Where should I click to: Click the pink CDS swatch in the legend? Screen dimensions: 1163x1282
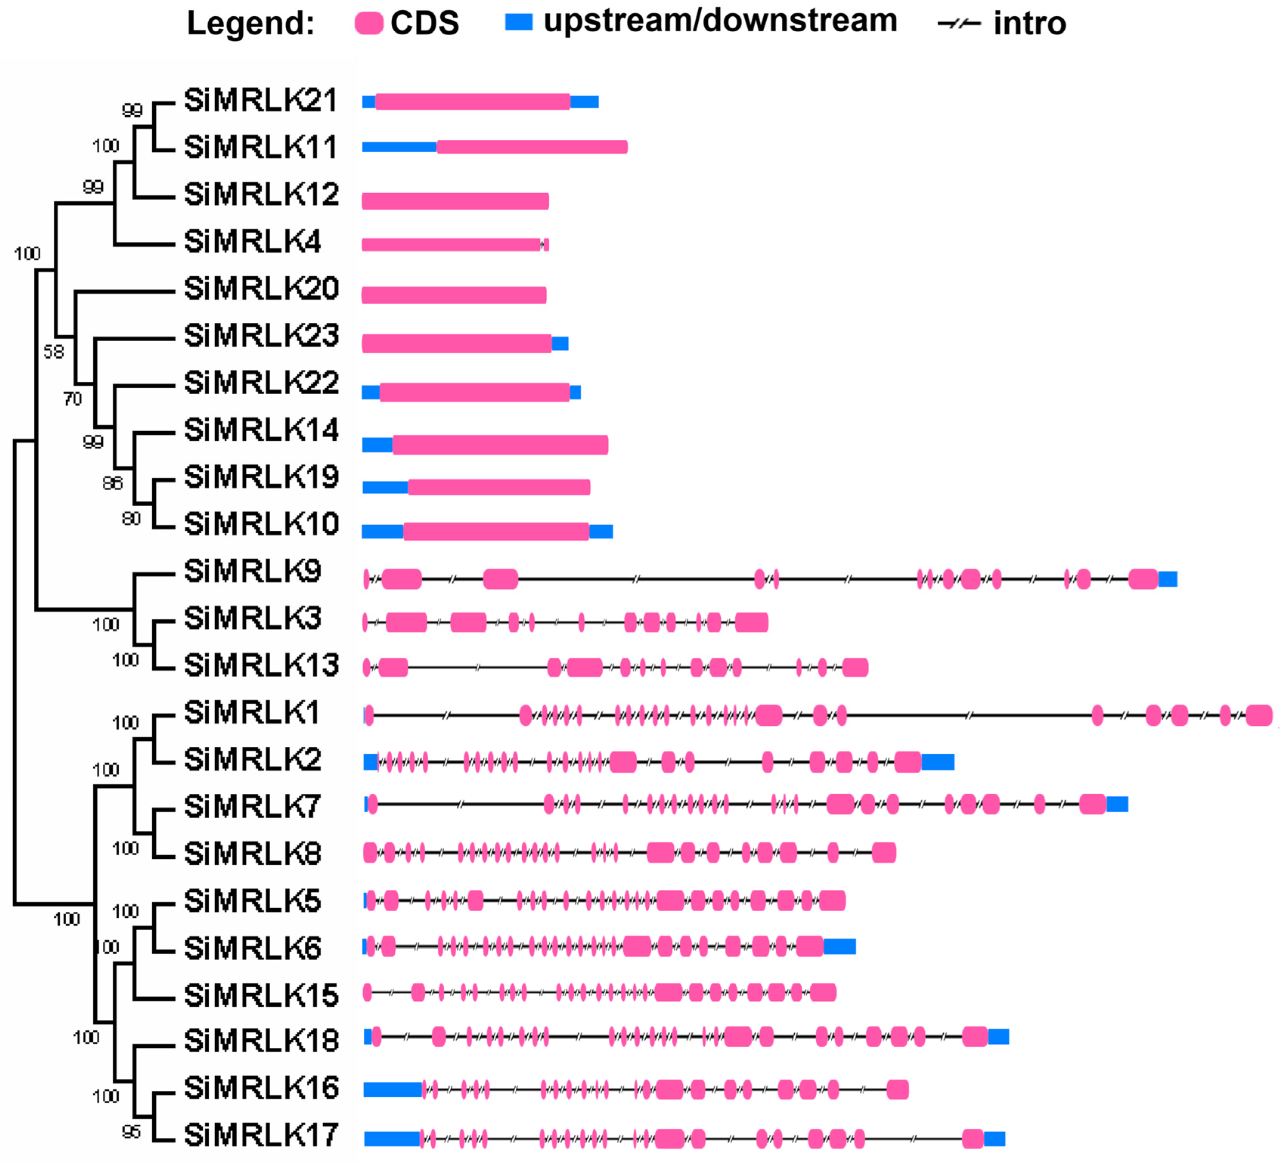click(x=369, y=23)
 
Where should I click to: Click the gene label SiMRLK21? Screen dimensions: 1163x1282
click(x=261, y=101)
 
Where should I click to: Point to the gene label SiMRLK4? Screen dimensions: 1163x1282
click(x=253, y=242)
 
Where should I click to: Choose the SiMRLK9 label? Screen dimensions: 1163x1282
click(x=253, y=571)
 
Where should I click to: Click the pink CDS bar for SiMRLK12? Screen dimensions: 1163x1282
click(x=455, y=201)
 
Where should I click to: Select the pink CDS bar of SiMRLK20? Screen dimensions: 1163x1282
click(x=454, y=295)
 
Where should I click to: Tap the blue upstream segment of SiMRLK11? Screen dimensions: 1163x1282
click(x=399, y=147)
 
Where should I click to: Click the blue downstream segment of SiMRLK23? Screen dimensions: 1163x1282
click(x=560, y=344)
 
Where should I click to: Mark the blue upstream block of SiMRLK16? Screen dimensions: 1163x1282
click(x=392, y=1090)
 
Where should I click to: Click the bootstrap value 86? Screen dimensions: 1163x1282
click(x=113, y=483)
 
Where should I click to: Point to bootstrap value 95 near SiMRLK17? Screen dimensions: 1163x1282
click(x=131, y=1132)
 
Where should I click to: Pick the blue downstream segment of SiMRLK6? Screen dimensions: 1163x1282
click(x=839, y=947)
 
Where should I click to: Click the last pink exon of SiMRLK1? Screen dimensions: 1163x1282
click(x=1259, y=715)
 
